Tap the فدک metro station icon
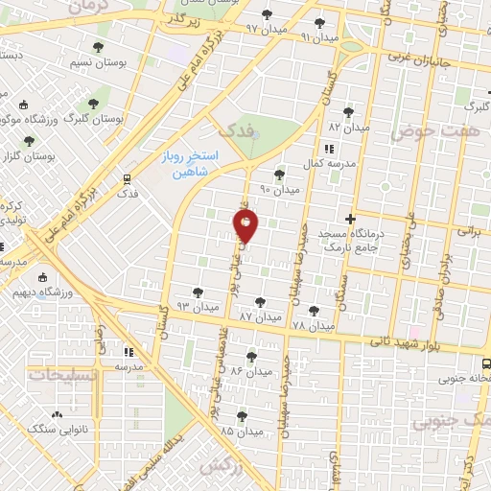pyautogui.click(x=127, y=178)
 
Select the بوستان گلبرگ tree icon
pyautogui.click(x=93, y=102)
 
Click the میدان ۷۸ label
pyautogui.click(x=313, y=326)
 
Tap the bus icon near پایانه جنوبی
pyautogui.click(x=486, y=363)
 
